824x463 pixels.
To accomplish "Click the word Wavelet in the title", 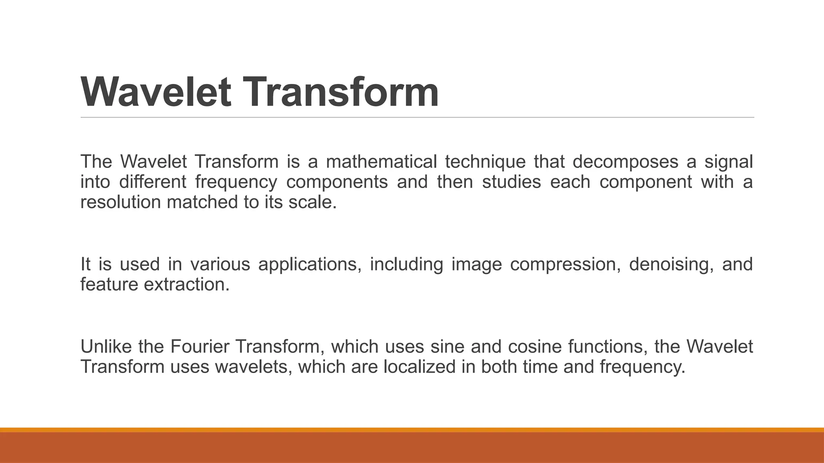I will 156,92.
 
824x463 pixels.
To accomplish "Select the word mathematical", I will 381,162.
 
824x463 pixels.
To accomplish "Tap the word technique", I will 485,162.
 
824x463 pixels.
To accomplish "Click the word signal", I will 728,162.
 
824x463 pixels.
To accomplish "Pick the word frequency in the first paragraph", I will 236,182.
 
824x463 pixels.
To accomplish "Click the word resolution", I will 121,202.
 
